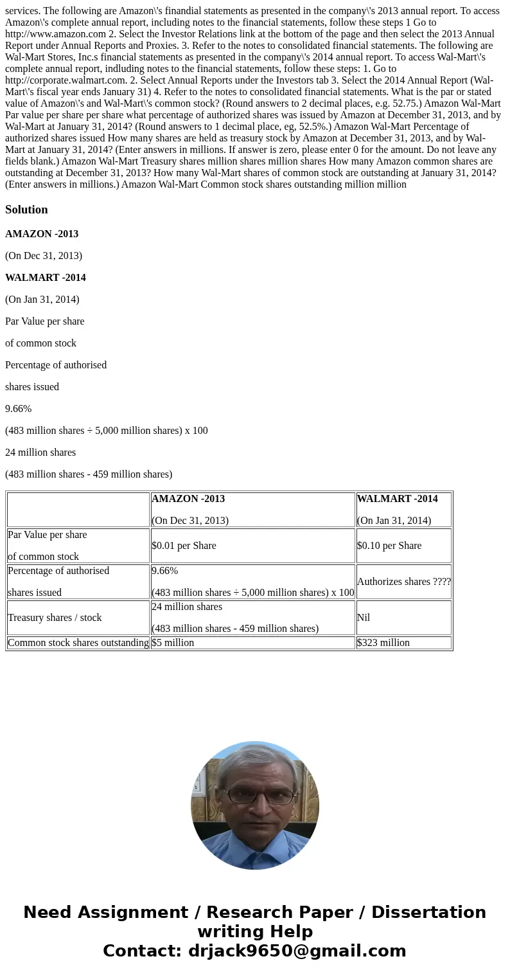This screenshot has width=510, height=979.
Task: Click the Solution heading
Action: [x=26, y=210]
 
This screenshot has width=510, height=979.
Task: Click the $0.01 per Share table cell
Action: [x=184, y=546]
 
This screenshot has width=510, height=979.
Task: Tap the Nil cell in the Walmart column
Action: [x=364, y=618]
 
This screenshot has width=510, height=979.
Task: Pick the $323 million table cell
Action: [x=383, y=643]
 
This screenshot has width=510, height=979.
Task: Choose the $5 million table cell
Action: [x=173, y=643]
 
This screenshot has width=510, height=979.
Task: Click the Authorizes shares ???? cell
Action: [x=403, y=582]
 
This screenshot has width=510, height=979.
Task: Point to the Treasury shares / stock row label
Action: [x=55, y=618]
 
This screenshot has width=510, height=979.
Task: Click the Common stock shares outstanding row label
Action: [x=78, y=643]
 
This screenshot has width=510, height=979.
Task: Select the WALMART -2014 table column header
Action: [x=397, y=499]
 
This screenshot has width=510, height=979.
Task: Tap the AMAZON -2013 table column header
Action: [x=188, y=499]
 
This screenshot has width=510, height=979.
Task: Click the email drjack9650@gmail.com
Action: [x=297, y=951]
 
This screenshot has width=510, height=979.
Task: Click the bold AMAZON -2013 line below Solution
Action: [x=42, y=234]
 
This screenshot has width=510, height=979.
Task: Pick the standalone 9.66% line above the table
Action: [x=18, y=409]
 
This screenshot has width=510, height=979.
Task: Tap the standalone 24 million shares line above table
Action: [x=40, y=453]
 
